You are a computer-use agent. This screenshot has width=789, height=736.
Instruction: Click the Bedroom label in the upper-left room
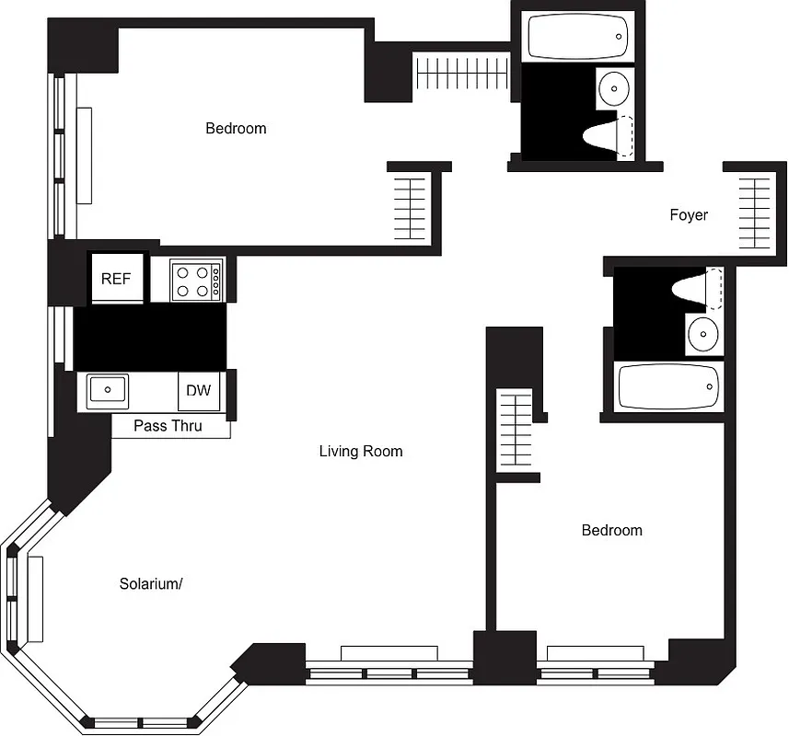(x=236, y=129)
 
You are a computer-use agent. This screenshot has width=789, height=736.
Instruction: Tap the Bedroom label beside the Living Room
(x=611, y=530)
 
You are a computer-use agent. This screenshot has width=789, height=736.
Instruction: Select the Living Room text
(x=361, y=451)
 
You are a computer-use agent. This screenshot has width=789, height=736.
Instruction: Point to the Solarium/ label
(x=151, y=583)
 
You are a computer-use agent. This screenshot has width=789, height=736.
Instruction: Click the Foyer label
(x=689, y=215)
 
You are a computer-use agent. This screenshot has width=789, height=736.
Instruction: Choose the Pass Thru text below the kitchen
(x=168, y=426)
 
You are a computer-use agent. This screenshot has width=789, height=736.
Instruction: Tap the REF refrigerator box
(x=116, y=279)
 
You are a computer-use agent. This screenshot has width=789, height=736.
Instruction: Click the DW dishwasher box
(x=198, y=390)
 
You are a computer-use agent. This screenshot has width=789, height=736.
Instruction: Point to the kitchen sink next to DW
(x=107, y=390)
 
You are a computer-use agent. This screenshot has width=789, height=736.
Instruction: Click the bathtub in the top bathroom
(x=577, y=37)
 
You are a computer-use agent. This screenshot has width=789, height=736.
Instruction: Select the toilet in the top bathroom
(x=609, y=136)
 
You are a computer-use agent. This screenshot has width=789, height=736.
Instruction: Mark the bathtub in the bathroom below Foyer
(x=668, y=386)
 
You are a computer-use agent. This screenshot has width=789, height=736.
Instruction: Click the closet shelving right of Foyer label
(x=754, y=213)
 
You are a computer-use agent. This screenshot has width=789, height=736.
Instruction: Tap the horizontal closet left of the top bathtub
(x=461, y=73)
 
